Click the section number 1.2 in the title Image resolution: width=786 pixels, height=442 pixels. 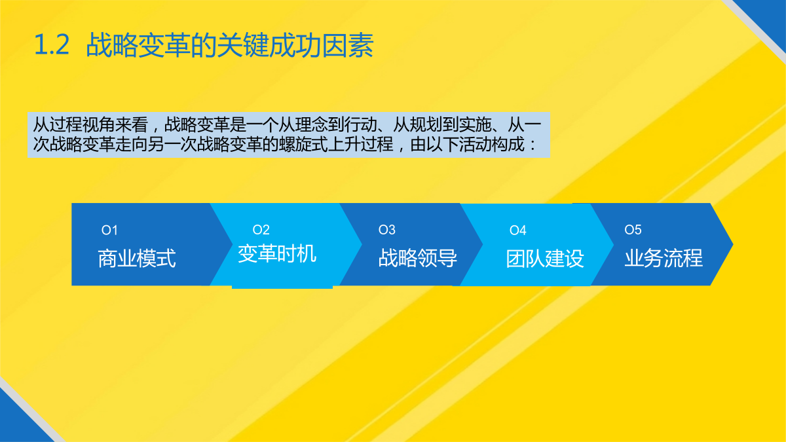tap(52, 45)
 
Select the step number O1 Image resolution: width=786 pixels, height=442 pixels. tap(109, 230)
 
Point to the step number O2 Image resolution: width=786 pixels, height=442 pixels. tap(261, 230)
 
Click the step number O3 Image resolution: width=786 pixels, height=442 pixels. tap(386, 230)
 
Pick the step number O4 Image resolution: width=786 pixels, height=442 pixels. tap(518, 230)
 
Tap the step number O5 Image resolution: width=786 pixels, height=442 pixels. tap(633, 230)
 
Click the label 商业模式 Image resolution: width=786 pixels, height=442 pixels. tap(137, 259)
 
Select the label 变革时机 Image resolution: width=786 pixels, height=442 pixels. tap(277, 254)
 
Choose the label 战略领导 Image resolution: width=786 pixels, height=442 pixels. tap(418, 258)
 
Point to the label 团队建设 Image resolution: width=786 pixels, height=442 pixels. tap(545, 259)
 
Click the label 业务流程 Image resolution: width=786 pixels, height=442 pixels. tap(664, 258)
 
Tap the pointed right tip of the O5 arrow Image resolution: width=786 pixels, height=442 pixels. tap(733, 244)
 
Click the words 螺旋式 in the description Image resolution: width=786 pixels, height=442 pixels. tap(303, 144)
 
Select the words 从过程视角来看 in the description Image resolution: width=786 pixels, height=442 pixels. tap(90, 124)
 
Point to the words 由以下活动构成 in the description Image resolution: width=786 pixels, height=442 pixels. tap(468, 144)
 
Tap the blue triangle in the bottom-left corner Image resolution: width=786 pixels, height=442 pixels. tap(18, 423)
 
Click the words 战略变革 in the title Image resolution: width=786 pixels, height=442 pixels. tap(138, 45)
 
